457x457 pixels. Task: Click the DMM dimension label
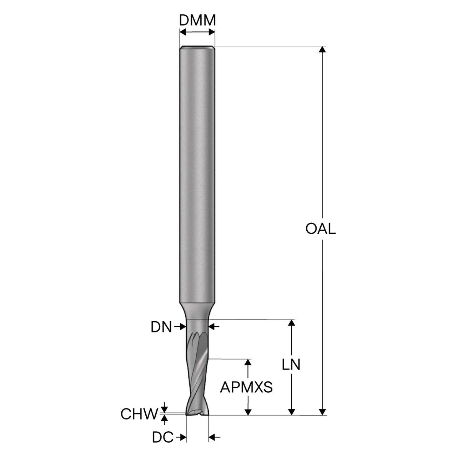[x=197, y=20]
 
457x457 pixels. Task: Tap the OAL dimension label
[x=320, y=229]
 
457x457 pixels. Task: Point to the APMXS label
[x=246, y=387]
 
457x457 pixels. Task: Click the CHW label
[x=139, y=414]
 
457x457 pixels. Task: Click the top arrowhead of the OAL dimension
[x=322, y=49]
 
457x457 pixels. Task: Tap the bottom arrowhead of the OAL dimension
[x=322, y=412]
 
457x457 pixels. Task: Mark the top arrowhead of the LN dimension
[x=292, y=323]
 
